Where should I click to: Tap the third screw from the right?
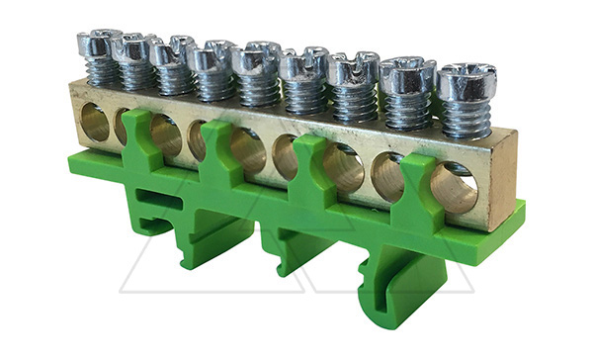point(353,68)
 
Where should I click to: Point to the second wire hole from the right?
point(387,177)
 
